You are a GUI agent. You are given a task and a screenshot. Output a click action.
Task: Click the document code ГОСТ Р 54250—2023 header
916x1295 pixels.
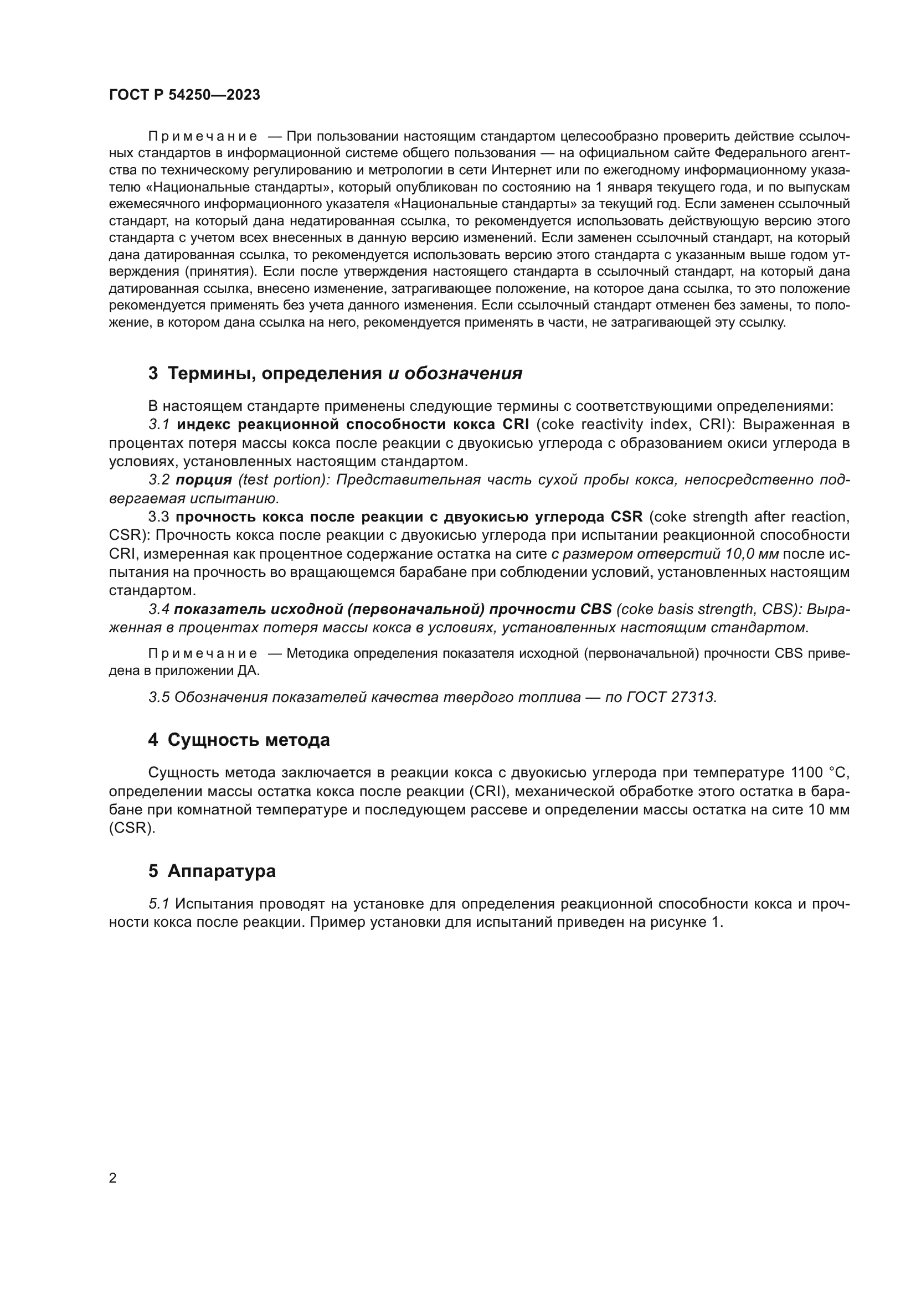(x=184, y=95)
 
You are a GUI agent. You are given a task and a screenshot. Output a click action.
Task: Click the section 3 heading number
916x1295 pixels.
(x=153, y=373)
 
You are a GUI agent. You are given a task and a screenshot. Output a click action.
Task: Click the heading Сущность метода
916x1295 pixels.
(x=248, y=740)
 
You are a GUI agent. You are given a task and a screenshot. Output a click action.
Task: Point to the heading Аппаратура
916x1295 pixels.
(x=221, y=871)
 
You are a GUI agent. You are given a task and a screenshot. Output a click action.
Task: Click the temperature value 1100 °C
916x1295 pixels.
(x=820, y=772)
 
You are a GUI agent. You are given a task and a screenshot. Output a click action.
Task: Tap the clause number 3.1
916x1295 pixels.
(x=159, y=424)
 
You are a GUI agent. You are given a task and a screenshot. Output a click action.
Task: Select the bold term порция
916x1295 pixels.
(x=204, y=480)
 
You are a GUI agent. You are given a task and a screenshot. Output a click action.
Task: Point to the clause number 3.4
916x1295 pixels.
(x=158, y=609)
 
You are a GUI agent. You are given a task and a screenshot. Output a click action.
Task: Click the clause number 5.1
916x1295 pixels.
(x=159, y=904)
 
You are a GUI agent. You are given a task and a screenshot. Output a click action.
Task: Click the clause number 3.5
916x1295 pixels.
(x=159, y=697)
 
